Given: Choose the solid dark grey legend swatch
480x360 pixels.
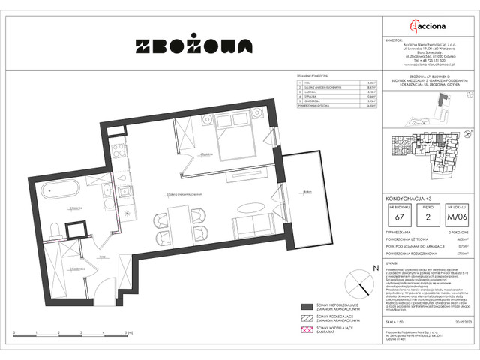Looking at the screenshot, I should point(306,306).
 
